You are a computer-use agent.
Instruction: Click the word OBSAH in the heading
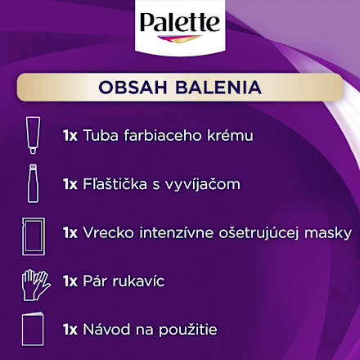coord(133,87)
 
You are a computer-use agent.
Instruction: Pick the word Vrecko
coord(106,233)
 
